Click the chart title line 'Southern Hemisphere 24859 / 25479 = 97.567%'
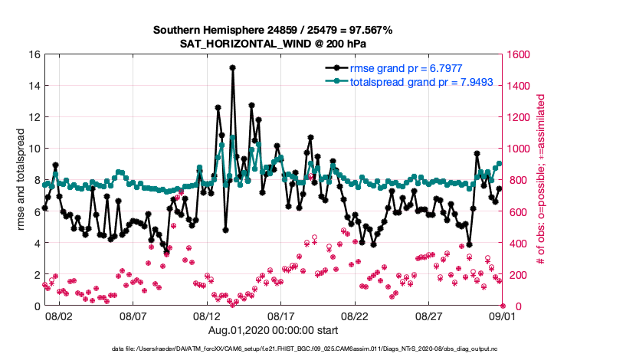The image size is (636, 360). coord(273,30)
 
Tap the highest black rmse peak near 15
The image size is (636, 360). coord(232,68)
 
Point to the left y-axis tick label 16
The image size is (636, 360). coord(34,54)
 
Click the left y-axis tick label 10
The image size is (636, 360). coord(34,149)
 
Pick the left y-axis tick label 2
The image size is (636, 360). coord(37,274)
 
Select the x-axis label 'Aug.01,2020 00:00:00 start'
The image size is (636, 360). coord(273,329)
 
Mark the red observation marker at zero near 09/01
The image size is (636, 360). coord(502,305)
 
